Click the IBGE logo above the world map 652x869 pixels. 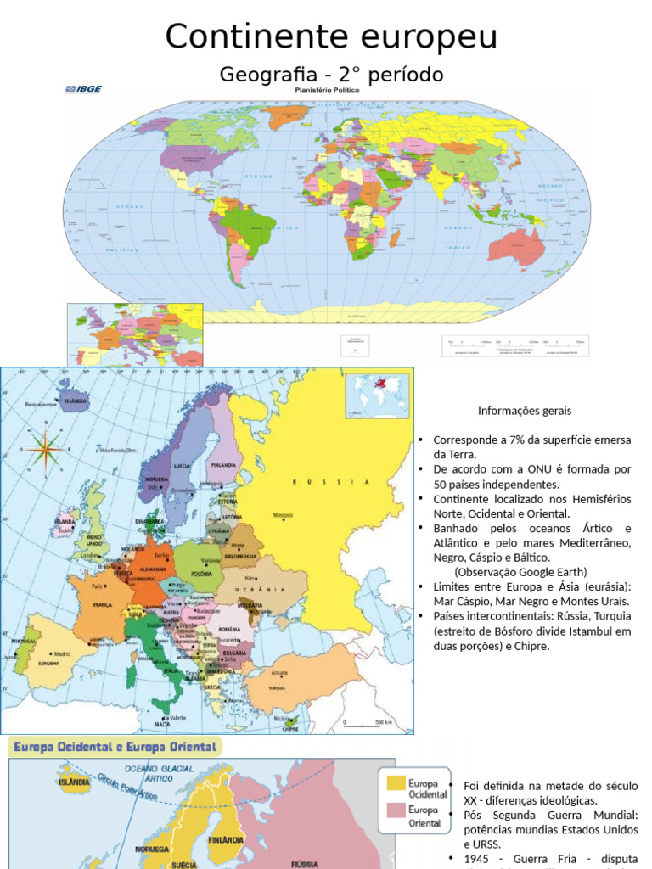point(82,88)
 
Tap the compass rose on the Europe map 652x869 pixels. point(44,447)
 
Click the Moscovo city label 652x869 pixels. point(283,515)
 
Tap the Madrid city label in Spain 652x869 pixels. point(62,653)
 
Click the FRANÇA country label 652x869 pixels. point(102,605)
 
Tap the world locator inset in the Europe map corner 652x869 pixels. point(377,395)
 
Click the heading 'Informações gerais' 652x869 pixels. point(525,411)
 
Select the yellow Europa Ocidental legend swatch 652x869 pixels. point(395,782)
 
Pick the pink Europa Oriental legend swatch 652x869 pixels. point(395,810)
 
